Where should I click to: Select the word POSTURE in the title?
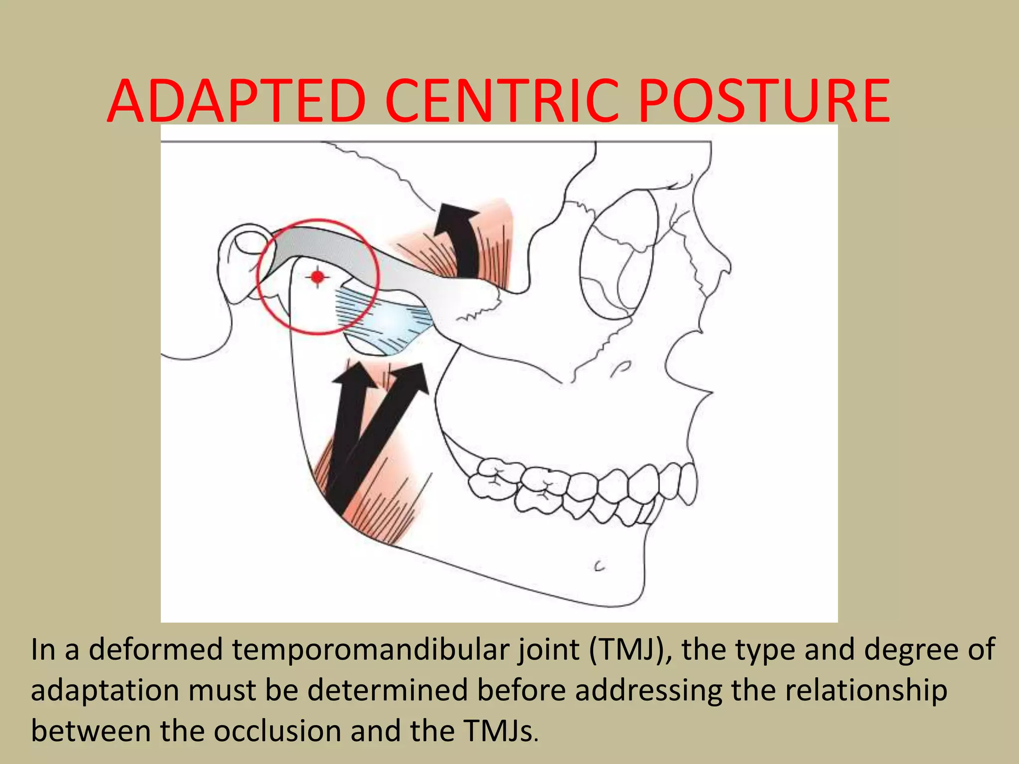764,101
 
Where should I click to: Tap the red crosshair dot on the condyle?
317,277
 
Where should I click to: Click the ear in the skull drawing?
244,264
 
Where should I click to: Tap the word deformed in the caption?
155,650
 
